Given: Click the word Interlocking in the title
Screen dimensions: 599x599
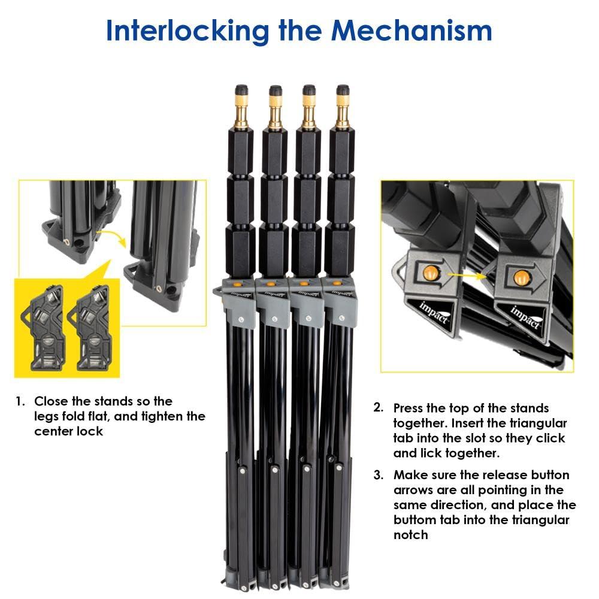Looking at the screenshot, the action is pyautogui.click(x=187, y=31).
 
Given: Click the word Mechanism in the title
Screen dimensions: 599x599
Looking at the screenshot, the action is pyautogui.click(x=412, y=30).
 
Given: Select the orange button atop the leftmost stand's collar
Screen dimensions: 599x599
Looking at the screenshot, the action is pyautogui.click(x=237, y=283).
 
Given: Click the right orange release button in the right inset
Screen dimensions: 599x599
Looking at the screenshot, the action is pyautogui.click(x=521, y=277).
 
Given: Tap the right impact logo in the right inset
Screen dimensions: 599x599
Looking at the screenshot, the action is pyautogui.click(x=526, y=317).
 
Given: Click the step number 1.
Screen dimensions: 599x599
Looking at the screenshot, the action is pyautogui.click(x=20, y=401).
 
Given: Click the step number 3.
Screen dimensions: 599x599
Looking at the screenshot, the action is pyautogui.click(x=379, y=475).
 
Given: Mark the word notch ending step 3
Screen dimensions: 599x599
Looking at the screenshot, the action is pyautogui.click(x=411, y=535).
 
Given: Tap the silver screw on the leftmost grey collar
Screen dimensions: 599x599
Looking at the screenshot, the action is pyautogui.click(x=241, y=319).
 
